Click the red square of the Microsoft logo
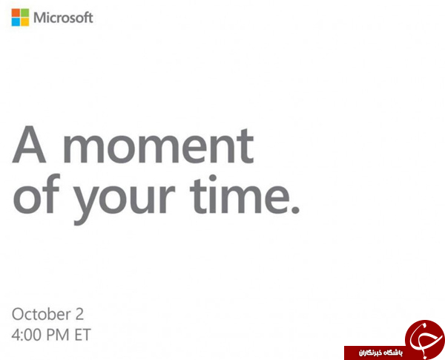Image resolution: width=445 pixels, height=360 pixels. tap(16, 13)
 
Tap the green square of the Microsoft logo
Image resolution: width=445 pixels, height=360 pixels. tap(24, 13)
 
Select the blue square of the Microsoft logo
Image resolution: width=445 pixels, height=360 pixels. tap(16, 22)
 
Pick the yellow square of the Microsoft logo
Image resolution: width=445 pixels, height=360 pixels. tap(24, 22)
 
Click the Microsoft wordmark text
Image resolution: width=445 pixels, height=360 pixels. tap(63, 18)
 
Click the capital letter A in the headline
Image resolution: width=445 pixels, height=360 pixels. tap(29, 144)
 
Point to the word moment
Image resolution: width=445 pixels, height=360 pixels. tap(159, 145)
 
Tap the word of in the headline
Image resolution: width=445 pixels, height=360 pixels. tap(36, 194)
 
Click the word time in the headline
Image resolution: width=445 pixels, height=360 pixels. tap(240, 194)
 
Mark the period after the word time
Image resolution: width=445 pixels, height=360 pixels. tap(295, 210)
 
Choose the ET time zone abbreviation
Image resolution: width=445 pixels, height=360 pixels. tap(82, 335)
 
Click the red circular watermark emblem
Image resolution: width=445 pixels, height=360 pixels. tap(425, 338)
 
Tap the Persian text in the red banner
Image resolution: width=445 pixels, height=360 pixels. tap(380, 353)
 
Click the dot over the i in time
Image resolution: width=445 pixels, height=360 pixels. tap(213, 178)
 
